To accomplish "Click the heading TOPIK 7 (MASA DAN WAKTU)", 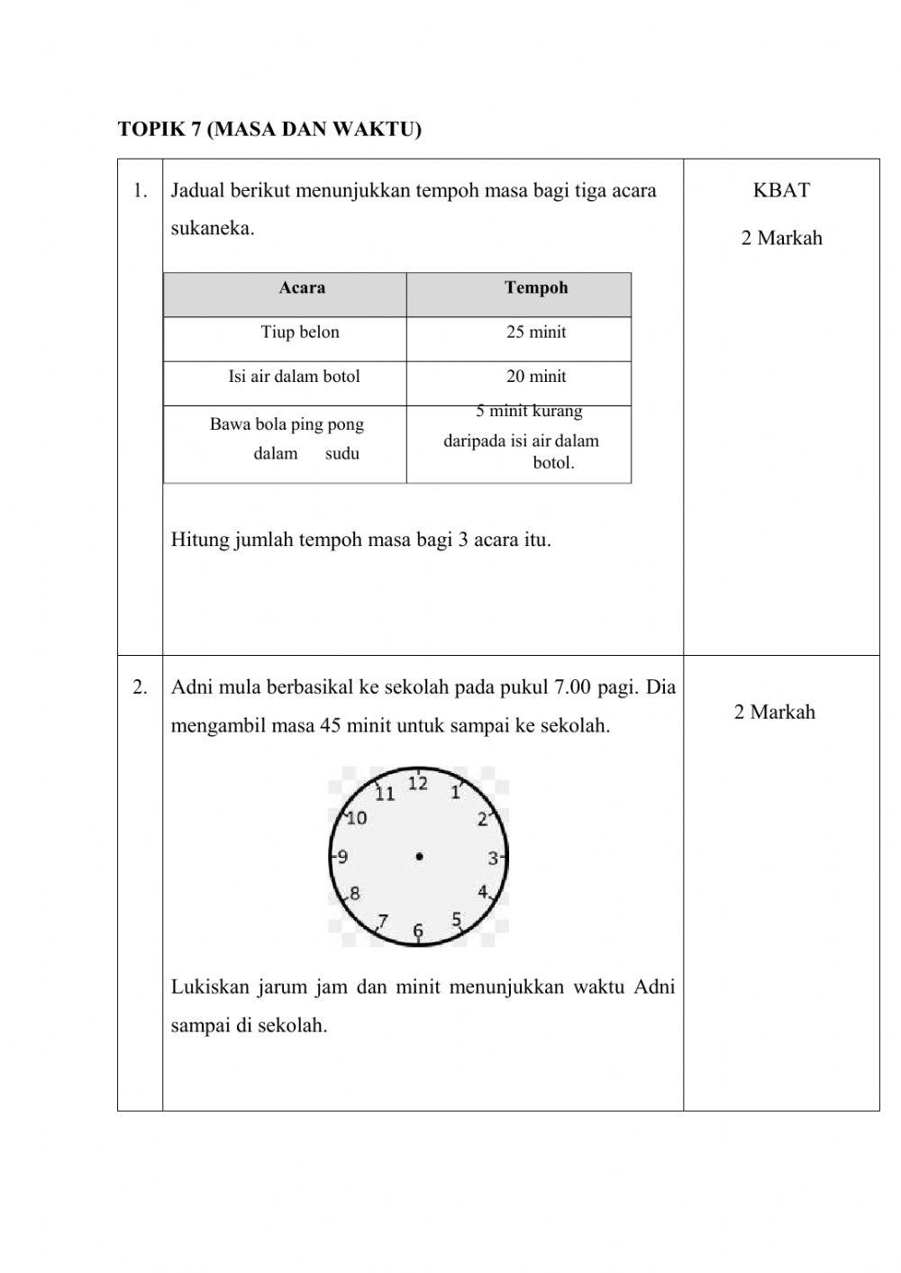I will point(269,130).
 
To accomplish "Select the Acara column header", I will point(302,288).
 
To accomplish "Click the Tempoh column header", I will point(536,288).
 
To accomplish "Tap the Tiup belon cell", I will point(300,332).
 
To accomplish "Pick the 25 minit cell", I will point(536,332).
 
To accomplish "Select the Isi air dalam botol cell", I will point(294,377).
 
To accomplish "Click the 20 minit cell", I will point(536,377).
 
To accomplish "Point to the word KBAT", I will point(781,190).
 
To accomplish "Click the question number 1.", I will point(140,190).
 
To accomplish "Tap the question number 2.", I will point(140,687).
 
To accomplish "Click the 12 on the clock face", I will point(418,784).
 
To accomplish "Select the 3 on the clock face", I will point(493,859).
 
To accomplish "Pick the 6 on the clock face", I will point(418,931).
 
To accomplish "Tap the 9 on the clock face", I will point(343,857).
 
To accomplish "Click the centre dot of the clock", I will point(419,857).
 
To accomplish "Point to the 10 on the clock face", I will point(357,818).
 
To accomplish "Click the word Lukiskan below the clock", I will point(208,987).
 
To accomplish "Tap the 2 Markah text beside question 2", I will point(774,713).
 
